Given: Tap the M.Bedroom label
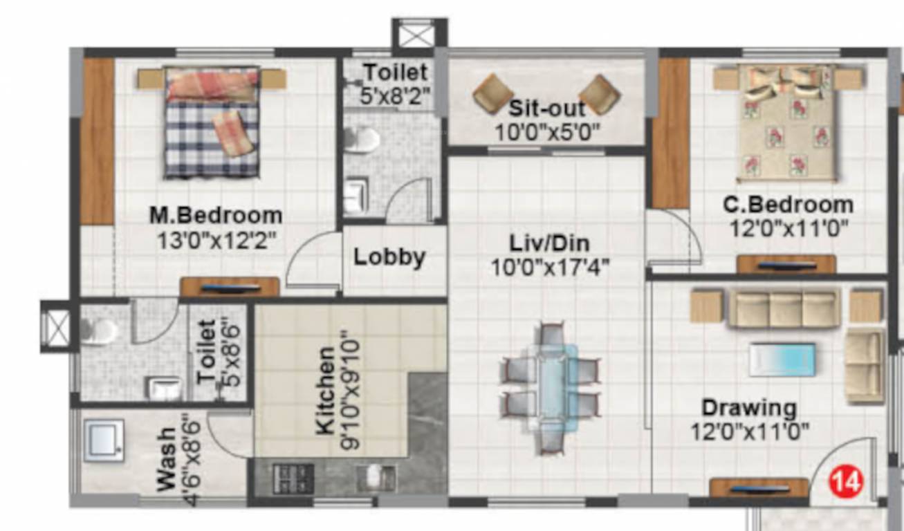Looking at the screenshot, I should coord(216,215).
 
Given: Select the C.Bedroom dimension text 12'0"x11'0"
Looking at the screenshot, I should coord(789,227).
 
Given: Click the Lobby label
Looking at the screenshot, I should coord(389,257).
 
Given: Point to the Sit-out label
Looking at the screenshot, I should coord(546,109).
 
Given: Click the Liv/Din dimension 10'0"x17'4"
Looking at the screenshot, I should coord(550,267).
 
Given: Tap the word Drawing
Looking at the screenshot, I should coord(749,407).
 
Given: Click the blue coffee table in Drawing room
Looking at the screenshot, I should coord(782,360).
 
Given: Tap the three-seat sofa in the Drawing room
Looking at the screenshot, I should coord(784,308).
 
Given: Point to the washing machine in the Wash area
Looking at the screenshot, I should coord(104,440).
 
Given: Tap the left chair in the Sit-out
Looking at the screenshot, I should coord(493,94).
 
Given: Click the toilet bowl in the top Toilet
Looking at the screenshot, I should coord(362,139).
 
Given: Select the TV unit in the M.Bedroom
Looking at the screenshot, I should coord(230,287).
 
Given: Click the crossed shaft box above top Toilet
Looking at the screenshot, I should coord(418,35).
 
